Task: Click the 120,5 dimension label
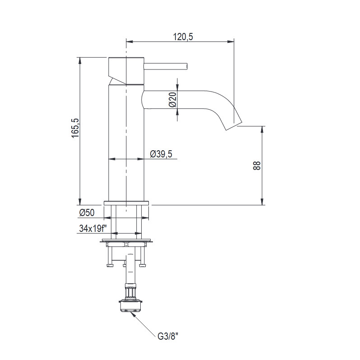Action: click(183, 37)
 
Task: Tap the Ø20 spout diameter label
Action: click(172, 99)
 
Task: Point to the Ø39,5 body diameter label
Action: click(161, 154)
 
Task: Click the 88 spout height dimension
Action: click(257, 166)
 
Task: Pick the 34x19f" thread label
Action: click(92, 228)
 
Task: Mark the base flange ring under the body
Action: click(126, 203)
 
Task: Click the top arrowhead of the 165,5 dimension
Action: click(80, 60)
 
